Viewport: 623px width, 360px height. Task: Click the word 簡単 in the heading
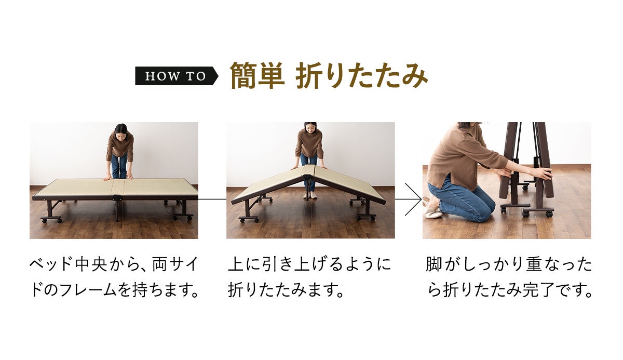[x=258, y=76]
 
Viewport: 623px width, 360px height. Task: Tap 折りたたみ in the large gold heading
[x=361, y=76]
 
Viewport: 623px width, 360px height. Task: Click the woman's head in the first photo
[x=121, y=131]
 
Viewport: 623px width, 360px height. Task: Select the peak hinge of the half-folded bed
[x=307, y=178]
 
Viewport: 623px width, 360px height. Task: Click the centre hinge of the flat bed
[x=117, y=198]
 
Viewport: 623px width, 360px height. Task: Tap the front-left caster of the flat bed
[x=44, y=220]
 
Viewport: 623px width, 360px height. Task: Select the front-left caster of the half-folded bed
[x=242, y=220]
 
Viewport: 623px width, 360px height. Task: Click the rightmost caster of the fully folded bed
[x=549, y=214]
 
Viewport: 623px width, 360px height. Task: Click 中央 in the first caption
[x=91, y=264]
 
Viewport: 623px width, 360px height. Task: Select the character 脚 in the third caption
[x=434, y=264]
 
